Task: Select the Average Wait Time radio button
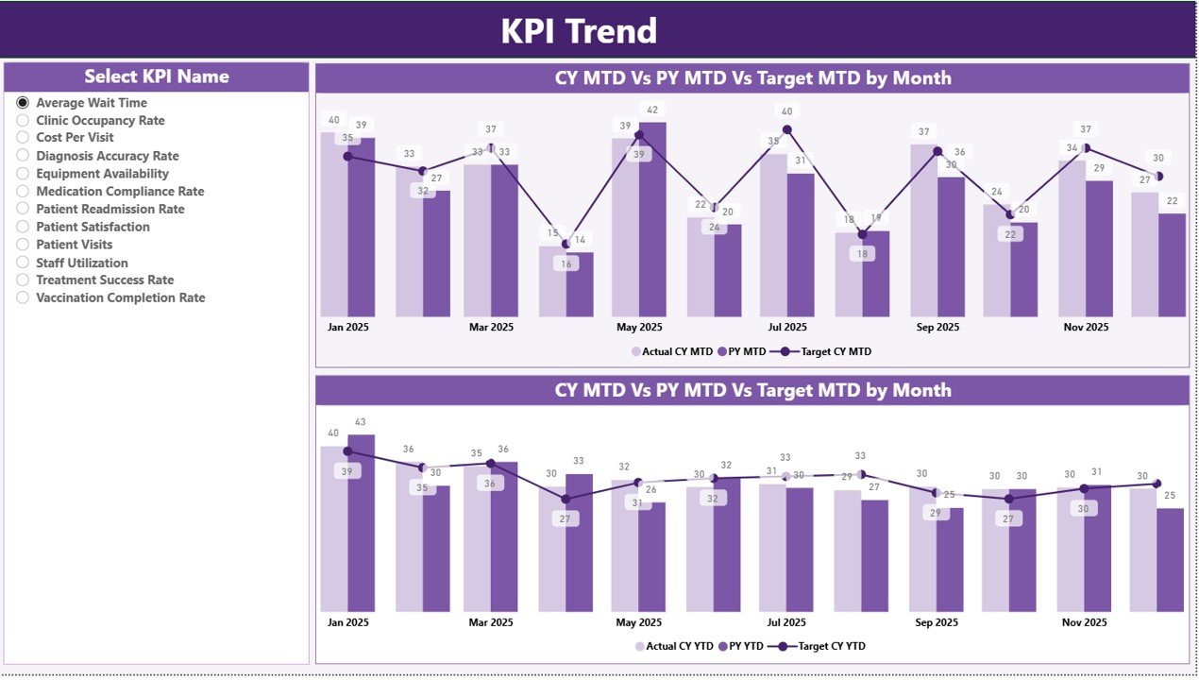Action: (x=23, y=103)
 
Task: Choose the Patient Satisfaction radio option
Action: (x=23, y=227)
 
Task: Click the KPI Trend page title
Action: (x=578, y=31)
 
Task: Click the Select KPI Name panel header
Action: (x=157, y=76)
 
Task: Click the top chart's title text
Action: (x=752, y=77)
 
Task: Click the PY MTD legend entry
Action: (x=745, y=351)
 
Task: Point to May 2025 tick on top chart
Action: (x=639, y=328)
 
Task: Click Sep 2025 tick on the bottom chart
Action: (x=937, y=622)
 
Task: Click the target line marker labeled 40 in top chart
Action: (x=787, y=130)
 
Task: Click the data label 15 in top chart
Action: (x=554, y=232)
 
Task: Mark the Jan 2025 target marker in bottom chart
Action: (x=347, y=451)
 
